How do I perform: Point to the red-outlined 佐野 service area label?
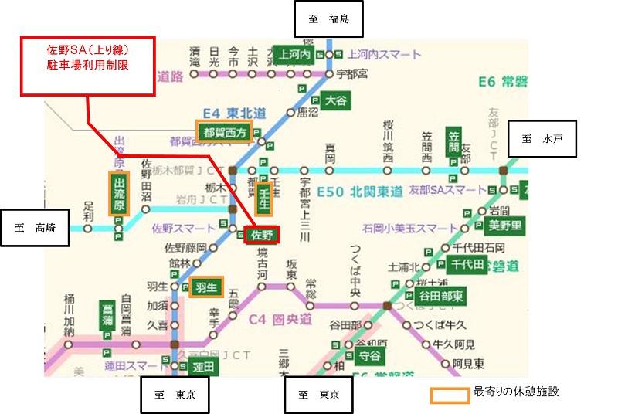click(263, 234)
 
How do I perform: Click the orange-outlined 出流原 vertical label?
click(118, 193)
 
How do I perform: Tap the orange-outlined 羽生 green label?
click(206, 287)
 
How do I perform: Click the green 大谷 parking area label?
click(336, 100)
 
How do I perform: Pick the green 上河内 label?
click(294, 55)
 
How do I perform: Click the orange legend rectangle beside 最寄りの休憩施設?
click(450, 395)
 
